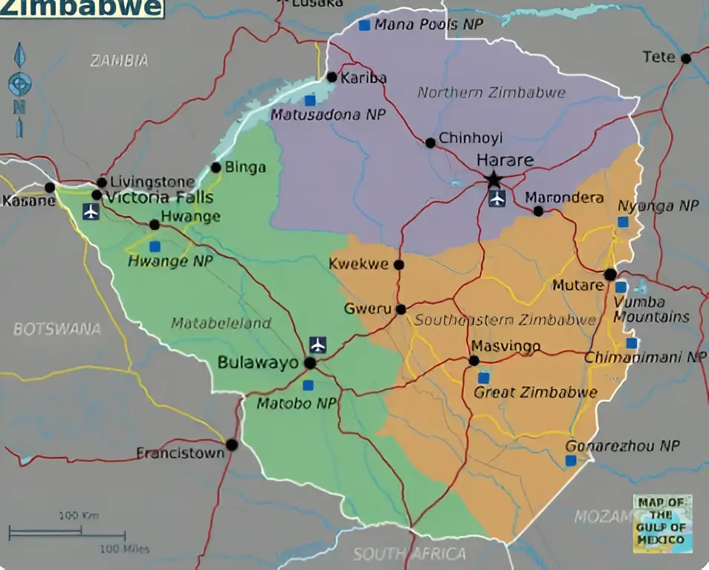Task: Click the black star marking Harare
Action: tap(493, 179)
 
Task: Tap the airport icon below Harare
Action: tap(497, 199)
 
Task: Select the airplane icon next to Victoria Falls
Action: tap(91, 211)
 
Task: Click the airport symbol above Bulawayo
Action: tap(318, 345)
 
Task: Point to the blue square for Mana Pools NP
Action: tap(364, 25)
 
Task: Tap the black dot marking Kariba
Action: tap(332, 77)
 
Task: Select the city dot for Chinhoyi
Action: tap(430, 142)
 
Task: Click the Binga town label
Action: tap(245, 167)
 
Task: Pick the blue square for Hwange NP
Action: tap(155, 246)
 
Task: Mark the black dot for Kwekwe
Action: tap(399, 264)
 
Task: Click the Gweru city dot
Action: tap(401, 309)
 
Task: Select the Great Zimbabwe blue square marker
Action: tap(484, 378)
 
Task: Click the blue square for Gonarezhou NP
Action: tap(571, 461)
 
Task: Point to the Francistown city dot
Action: tap(232, 444)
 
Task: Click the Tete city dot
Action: tap(685, 58)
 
